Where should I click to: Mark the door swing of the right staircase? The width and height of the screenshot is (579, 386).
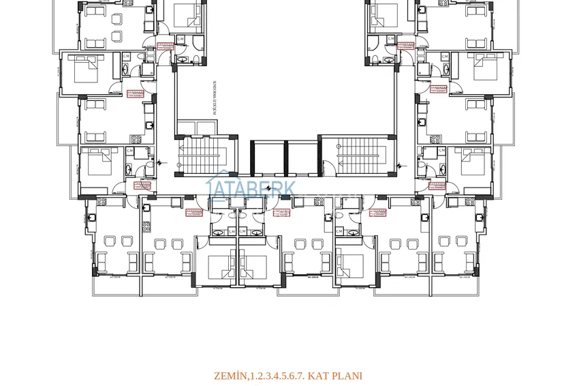(x=328, y=164)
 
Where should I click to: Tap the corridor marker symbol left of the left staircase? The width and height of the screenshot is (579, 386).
(x=160, y=162)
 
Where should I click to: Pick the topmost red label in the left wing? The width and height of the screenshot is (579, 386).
(x=165, y=46)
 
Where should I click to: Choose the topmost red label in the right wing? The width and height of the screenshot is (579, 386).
(x=405, y=46)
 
